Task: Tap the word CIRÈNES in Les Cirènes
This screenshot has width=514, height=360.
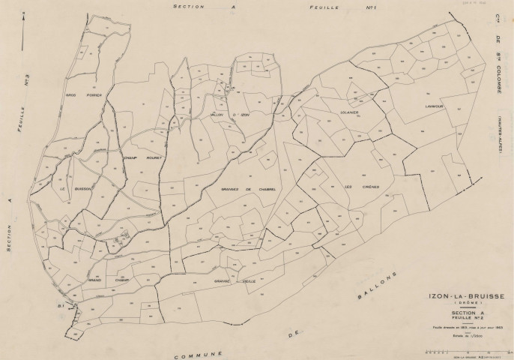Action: point(368,186)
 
